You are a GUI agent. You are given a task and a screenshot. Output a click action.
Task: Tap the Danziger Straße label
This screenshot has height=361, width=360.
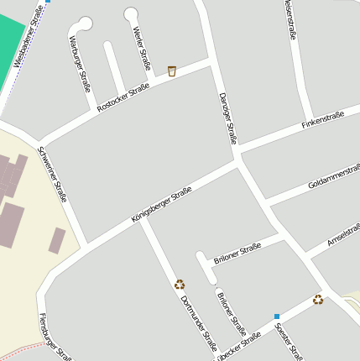[227, 118]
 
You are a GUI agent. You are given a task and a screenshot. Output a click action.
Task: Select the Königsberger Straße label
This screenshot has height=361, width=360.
[162, 205]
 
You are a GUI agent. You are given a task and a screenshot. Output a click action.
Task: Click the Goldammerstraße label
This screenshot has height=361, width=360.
[333, 177]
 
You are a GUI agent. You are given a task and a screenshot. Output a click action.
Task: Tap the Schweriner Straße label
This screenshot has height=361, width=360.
[52, 175]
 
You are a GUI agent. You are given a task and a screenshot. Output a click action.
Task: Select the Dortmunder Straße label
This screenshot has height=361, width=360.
[198, 323]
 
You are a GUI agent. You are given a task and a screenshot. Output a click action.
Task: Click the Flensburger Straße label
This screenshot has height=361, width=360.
[55, 336]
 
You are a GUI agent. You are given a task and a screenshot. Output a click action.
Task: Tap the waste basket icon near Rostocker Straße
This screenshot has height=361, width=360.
[172, 71]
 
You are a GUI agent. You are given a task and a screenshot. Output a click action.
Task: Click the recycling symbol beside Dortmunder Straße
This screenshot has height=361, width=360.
[180, 285]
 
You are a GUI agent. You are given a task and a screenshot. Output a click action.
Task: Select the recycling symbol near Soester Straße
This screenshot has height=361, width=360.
[318, 300]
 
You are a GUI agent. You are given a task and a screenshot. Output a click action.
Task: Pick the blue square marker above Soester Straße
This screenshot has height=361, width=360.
[276, 316]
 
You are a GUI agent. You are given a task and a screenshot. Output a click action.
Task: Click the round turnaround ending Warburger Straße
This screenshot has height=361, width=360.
[86, 23]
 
